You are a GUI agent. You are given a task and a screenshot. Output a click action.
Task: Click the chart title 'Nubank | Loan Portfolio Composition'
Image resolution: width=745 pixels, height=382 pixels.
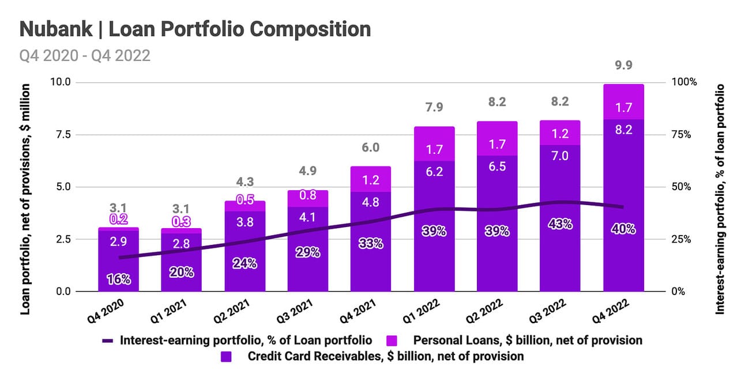coord(195,29)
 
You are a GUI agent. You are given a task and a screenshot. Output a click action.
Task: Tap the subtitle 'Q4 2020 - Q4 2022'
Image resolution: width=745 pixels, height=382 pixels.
coord(85,55)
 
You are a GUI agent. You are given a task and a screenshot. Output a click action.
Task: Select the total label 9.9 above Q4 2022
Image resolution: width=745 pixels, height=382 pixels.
coord(623,65)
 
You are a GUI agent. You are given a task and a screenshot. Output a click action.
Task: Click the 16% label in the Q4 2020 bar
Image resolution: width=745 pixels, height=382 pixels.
coord(119,279)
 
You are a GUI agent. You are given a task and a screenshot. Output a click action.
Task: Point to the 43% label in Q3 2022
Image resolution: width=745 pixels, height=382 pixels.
coord(560,224)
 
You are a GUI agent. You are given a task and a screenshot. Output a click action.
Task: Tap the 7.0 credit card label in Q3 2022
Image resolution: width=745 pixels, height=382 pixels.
coord(560,156)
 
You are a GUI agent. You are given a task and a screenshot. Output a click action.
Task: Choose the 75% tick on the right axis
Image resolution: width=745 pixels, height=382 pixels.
coord(684,134)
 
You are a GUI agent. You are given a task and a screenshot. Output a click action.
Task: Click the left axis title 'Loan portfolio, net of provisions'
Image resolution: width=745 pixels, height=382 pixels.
coord(25,199)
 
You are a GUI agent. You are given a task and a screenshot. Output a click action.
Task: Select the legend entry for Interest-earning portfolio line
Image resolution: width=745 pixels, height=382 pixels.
coord(245,340)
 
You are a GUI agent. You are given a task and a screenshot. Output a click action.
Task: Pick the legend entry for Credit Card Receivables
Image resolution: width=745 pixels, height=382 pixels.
coord(385,356)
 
